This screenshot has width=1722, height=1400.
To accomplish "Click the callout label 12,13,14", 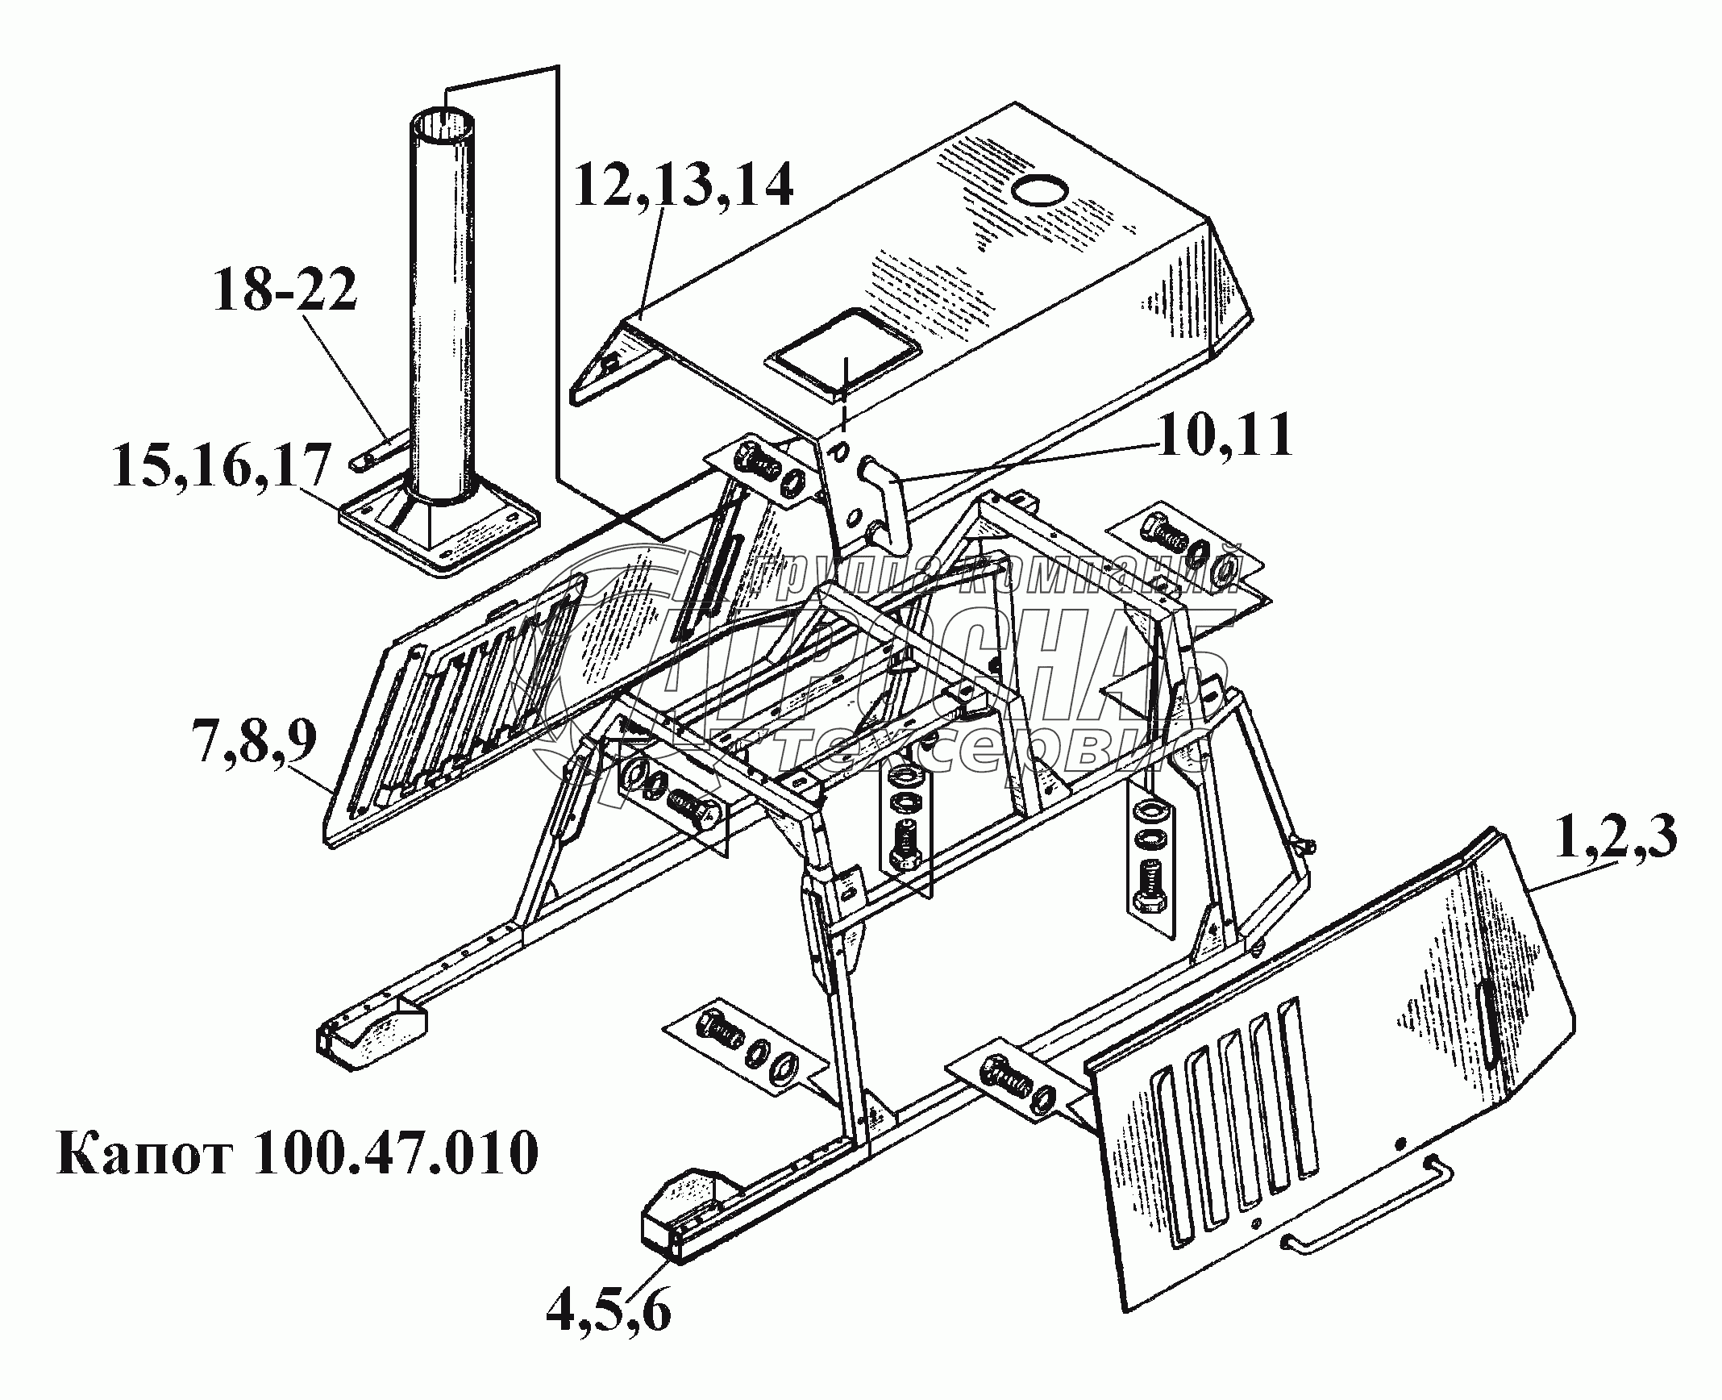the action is [x=684, y=188].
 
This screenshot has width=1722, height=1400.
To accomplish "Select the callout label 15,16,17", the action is [x=223, y=468].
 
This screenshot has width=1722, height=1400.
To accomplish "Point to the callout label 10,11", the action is [x=1225, y=438].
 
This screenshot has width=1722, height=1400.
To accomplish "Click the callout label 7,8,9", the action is [x=256, y=743].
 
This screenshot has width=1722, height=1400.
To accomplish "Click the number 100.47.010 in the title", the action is [x=395, y=1154].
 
